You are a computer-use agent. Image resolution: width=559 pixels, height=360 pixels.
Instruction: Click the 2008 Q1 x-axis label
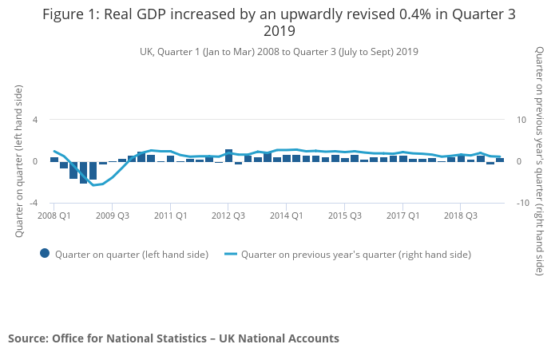click(54, 216)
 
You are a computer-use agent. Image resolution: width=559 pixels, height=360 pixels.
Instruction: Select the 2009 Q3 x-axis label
click(113, 216)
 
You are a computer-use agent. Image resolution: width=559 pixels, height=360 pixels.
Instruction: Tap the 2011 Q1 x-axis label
click(171, 216)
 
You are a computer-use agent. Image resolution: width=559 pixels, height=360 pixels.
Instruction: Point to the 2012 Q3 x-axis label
click(228, 216)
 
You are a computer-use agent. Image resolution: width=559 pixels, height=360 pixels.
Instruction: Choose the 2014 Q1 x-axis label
click(287, 216)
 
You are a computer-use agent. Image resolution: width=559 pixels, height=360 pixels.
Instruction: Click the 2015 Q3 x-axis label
click(345, 216)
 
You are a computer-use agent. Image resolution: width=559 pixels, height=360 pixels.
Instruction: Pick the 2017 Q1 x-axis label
click(402, 216)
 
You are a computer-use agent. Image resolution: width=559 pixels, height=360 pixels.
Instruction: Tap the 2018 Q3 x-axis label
click(461, 216)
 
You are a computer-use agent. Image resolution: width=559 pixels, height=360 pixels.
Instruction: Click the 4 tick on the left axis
click(35, 120)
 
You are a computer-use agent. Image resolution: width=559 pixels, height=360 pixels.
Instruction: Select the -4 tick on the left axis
click(34, 203)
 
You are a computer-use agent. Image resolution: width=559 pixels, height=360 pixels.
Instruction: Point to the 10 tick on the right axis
click(522, 120)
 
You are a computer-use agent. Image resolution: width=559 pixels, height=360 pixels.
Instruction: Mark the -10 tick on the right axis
click(524, 203)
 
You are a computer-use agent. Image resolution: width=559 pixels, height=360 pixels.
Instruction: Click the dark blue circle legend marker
click(45, 254)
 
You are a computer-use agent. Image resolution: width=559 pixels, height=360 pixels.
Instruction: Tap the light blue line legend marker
click(231, 254)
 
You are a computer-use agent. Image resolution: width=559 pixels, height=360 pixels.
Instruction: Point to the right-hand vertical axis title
click(541, 161)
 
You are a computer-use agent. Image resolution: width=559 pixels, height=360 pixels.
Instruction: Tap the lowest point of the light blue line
click(93, 185)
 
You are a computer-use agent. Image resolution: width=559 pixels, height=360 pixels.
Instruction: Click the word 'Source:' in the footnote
click(28, 338)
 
